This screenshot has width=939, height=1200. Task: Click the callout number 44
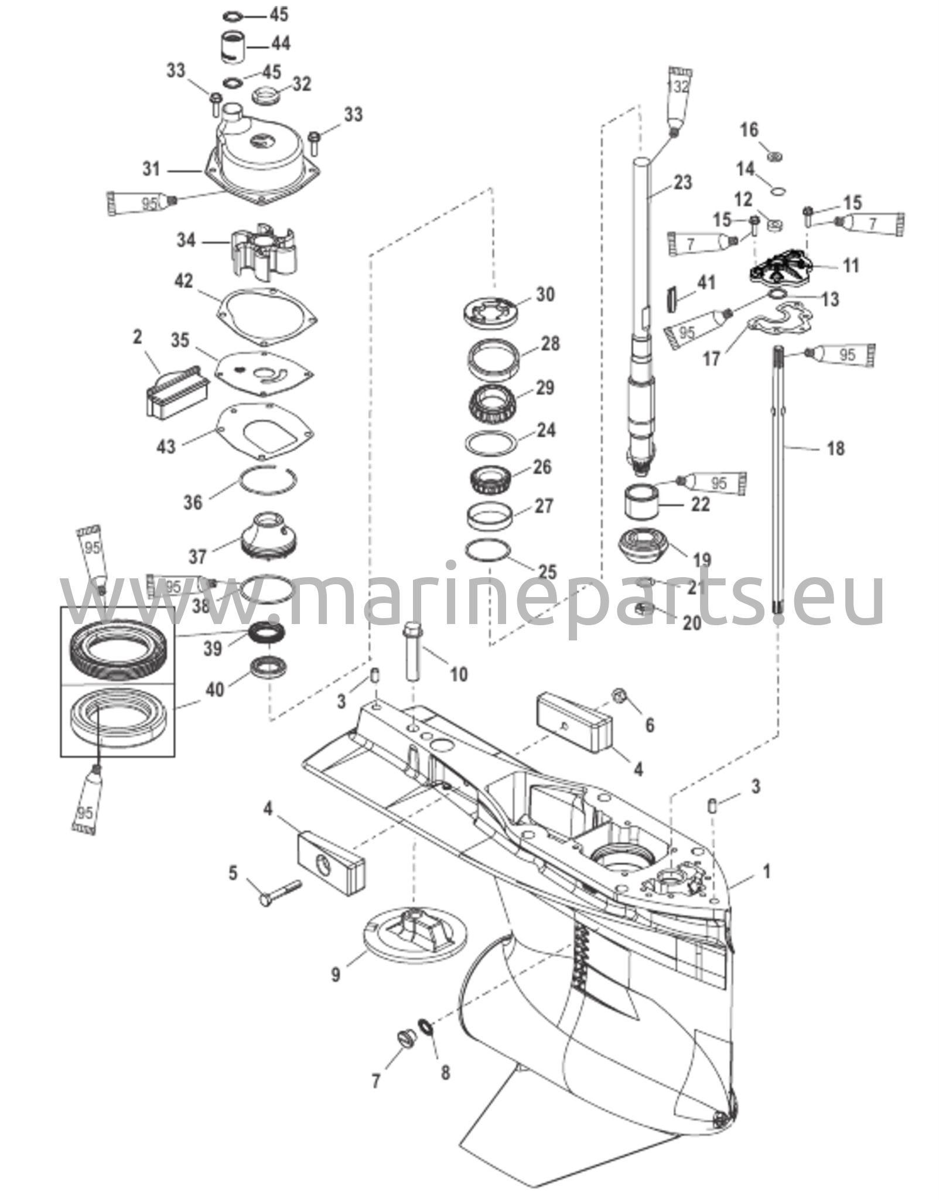click(x=280, y=44)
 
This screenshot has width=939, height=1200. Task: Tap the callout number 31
click(x=151, y=169)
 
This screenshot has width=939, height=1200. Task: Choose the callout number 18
click(x=835, y=448)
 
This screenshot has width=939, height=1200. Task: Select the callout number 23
click(x=682, y=182)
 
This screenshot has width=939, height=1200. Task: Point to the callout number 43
click(x=166, y=446)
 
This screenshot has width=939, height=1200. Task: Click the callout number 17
click(x=711, y=358)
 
